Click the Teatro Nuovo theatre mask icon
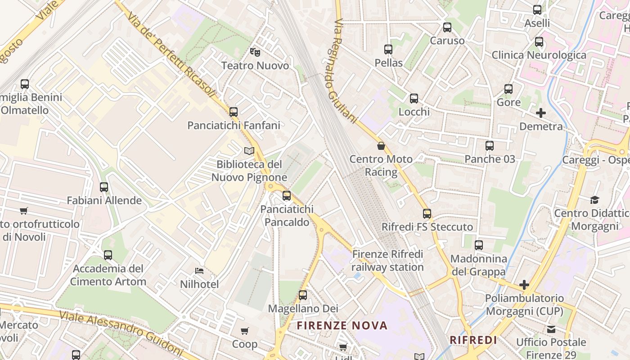click(255, 52)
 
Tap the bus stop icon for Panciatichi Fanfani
click(233, 112)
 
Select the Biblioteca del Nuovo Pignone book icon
click(249, 151)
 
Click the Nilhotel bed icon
click(199, 271)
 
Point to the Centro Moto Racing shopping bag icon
click(381, 146)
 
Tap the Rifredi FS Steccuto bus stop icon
click(427, 213)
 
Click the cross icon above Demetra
click(541, 113)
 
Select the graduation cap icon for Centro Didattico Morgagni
click(594, 200)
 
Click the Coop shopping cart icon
click(244, 331)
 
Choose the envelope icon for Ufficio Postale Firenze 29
click(551, 329)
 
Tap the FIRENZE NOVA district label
click(342, 325)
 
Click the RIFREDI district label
click(473, 340)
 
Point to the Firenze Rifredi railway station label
click(387, 261)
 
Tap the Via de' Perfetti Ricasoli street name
click(171, 56)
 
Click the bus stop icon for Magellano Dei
click(303, 295)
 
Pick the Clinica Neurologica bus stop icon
click(539, 42)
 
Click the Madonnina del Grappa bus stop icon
click(478, 245)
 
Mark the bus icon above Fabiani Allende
click(104, 187)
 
